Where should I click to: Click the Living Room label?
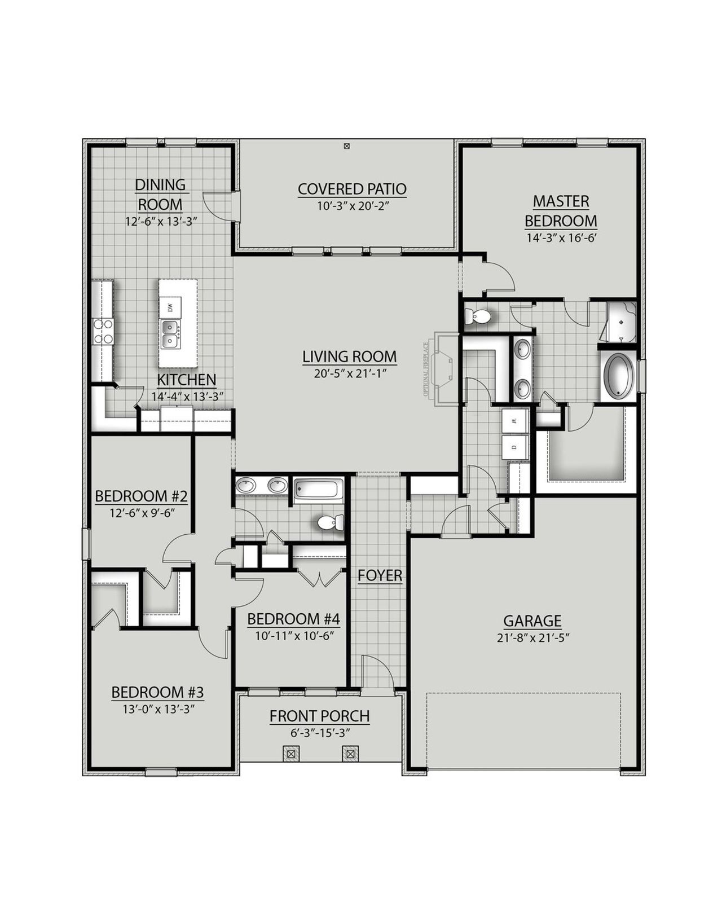(349, 357)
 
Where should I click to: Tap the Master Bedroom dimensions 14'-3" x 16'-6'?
(561, 238)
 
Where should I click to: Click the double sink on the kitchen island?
(170, 334)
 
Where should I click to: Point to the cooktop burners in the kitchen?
(103, 331)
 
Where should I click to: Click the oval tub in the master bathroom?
(618, 376)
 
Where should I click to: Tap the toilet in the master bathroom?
(478, 316)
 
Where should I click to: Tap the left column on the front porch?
(290, 753)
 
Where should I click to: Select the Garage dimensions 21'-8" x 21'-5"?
(532, 638)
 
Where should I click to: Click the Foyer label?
(380, 575)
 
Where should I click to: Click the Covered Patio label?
(352, 189)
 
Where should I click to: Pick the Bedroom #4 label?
(293, 619)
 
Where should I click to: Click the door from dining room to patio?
(220, 206)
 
